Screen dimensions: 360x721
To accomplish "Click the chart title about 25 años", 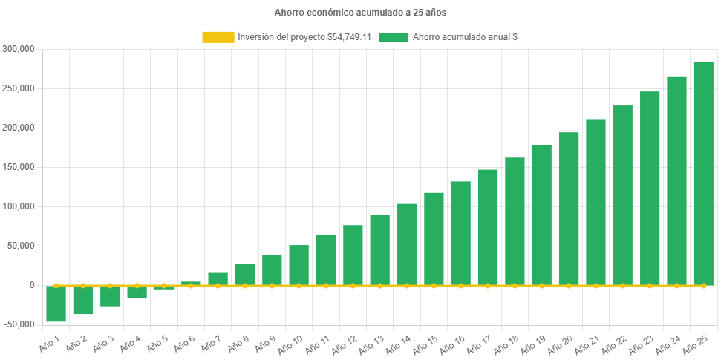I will click(x=360, y=13).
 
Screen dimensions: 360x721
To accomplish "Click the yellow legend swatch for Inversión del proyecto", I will click(x=218, y=37).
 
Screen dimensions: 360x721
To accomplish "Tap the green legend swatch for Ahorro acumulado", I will click(x=394, y=37).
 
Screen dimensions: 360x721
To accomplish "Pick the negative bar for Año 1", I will click(x=56, y=304).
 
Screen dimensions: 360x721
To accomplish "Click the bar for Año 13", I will click(x=379, y=249).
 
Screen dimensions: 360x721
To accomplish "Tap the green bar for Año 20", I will click(x=569, y=209).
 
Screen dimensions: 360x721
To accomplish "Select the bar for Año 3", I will click(x=110, y=296).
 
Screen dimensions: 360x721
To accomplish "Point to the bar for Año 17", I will click(x=488, y=227).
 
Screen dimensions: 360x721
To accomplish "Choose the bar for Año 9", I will click(x=272, y=269).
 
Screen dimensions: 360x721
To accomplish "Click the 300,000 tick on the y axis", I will click(x=19, y=49).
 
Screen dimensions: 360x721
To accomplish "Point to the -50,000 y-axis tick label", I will click(x=18, y=324).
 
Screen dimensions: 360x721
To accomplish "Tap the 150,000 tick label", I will click(x=19, y=167).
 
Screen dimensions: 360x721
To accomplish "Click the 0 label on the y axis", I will click(x=32, y=285).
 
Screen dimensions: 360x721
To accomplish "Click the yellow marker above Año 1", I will click(x=56, y=285).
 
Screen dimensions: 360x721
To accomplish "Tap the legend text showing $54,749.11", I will click(x=304, y=37).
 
